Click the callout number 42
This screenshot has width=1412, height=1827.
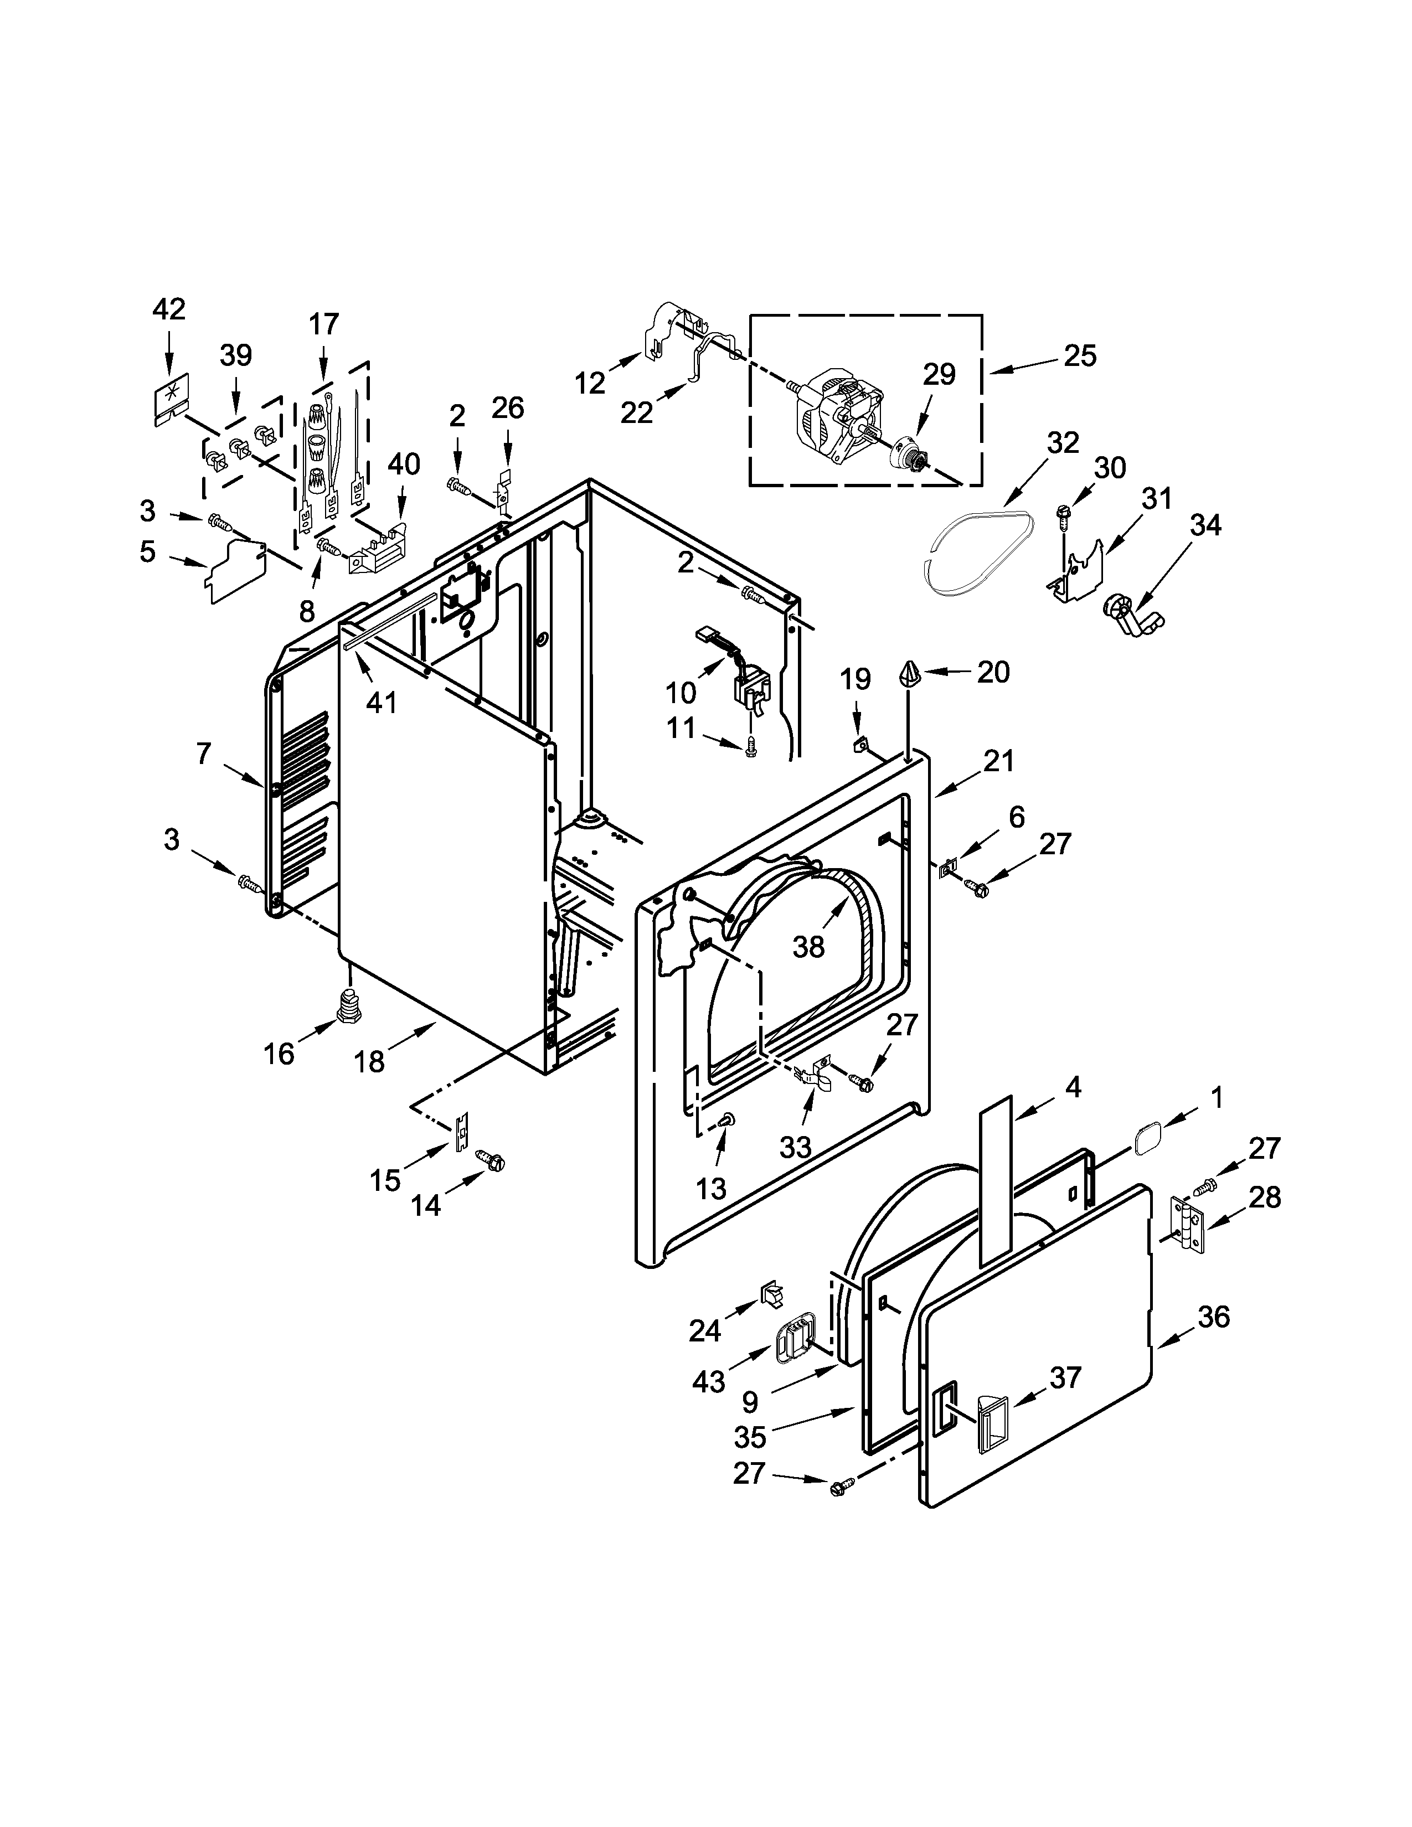tap(168, 309)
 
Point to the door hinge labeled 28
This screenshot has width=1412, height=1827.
tap(1189, 1226)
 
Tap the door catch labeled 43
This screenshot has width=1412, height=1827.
tap(792, 1346)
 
